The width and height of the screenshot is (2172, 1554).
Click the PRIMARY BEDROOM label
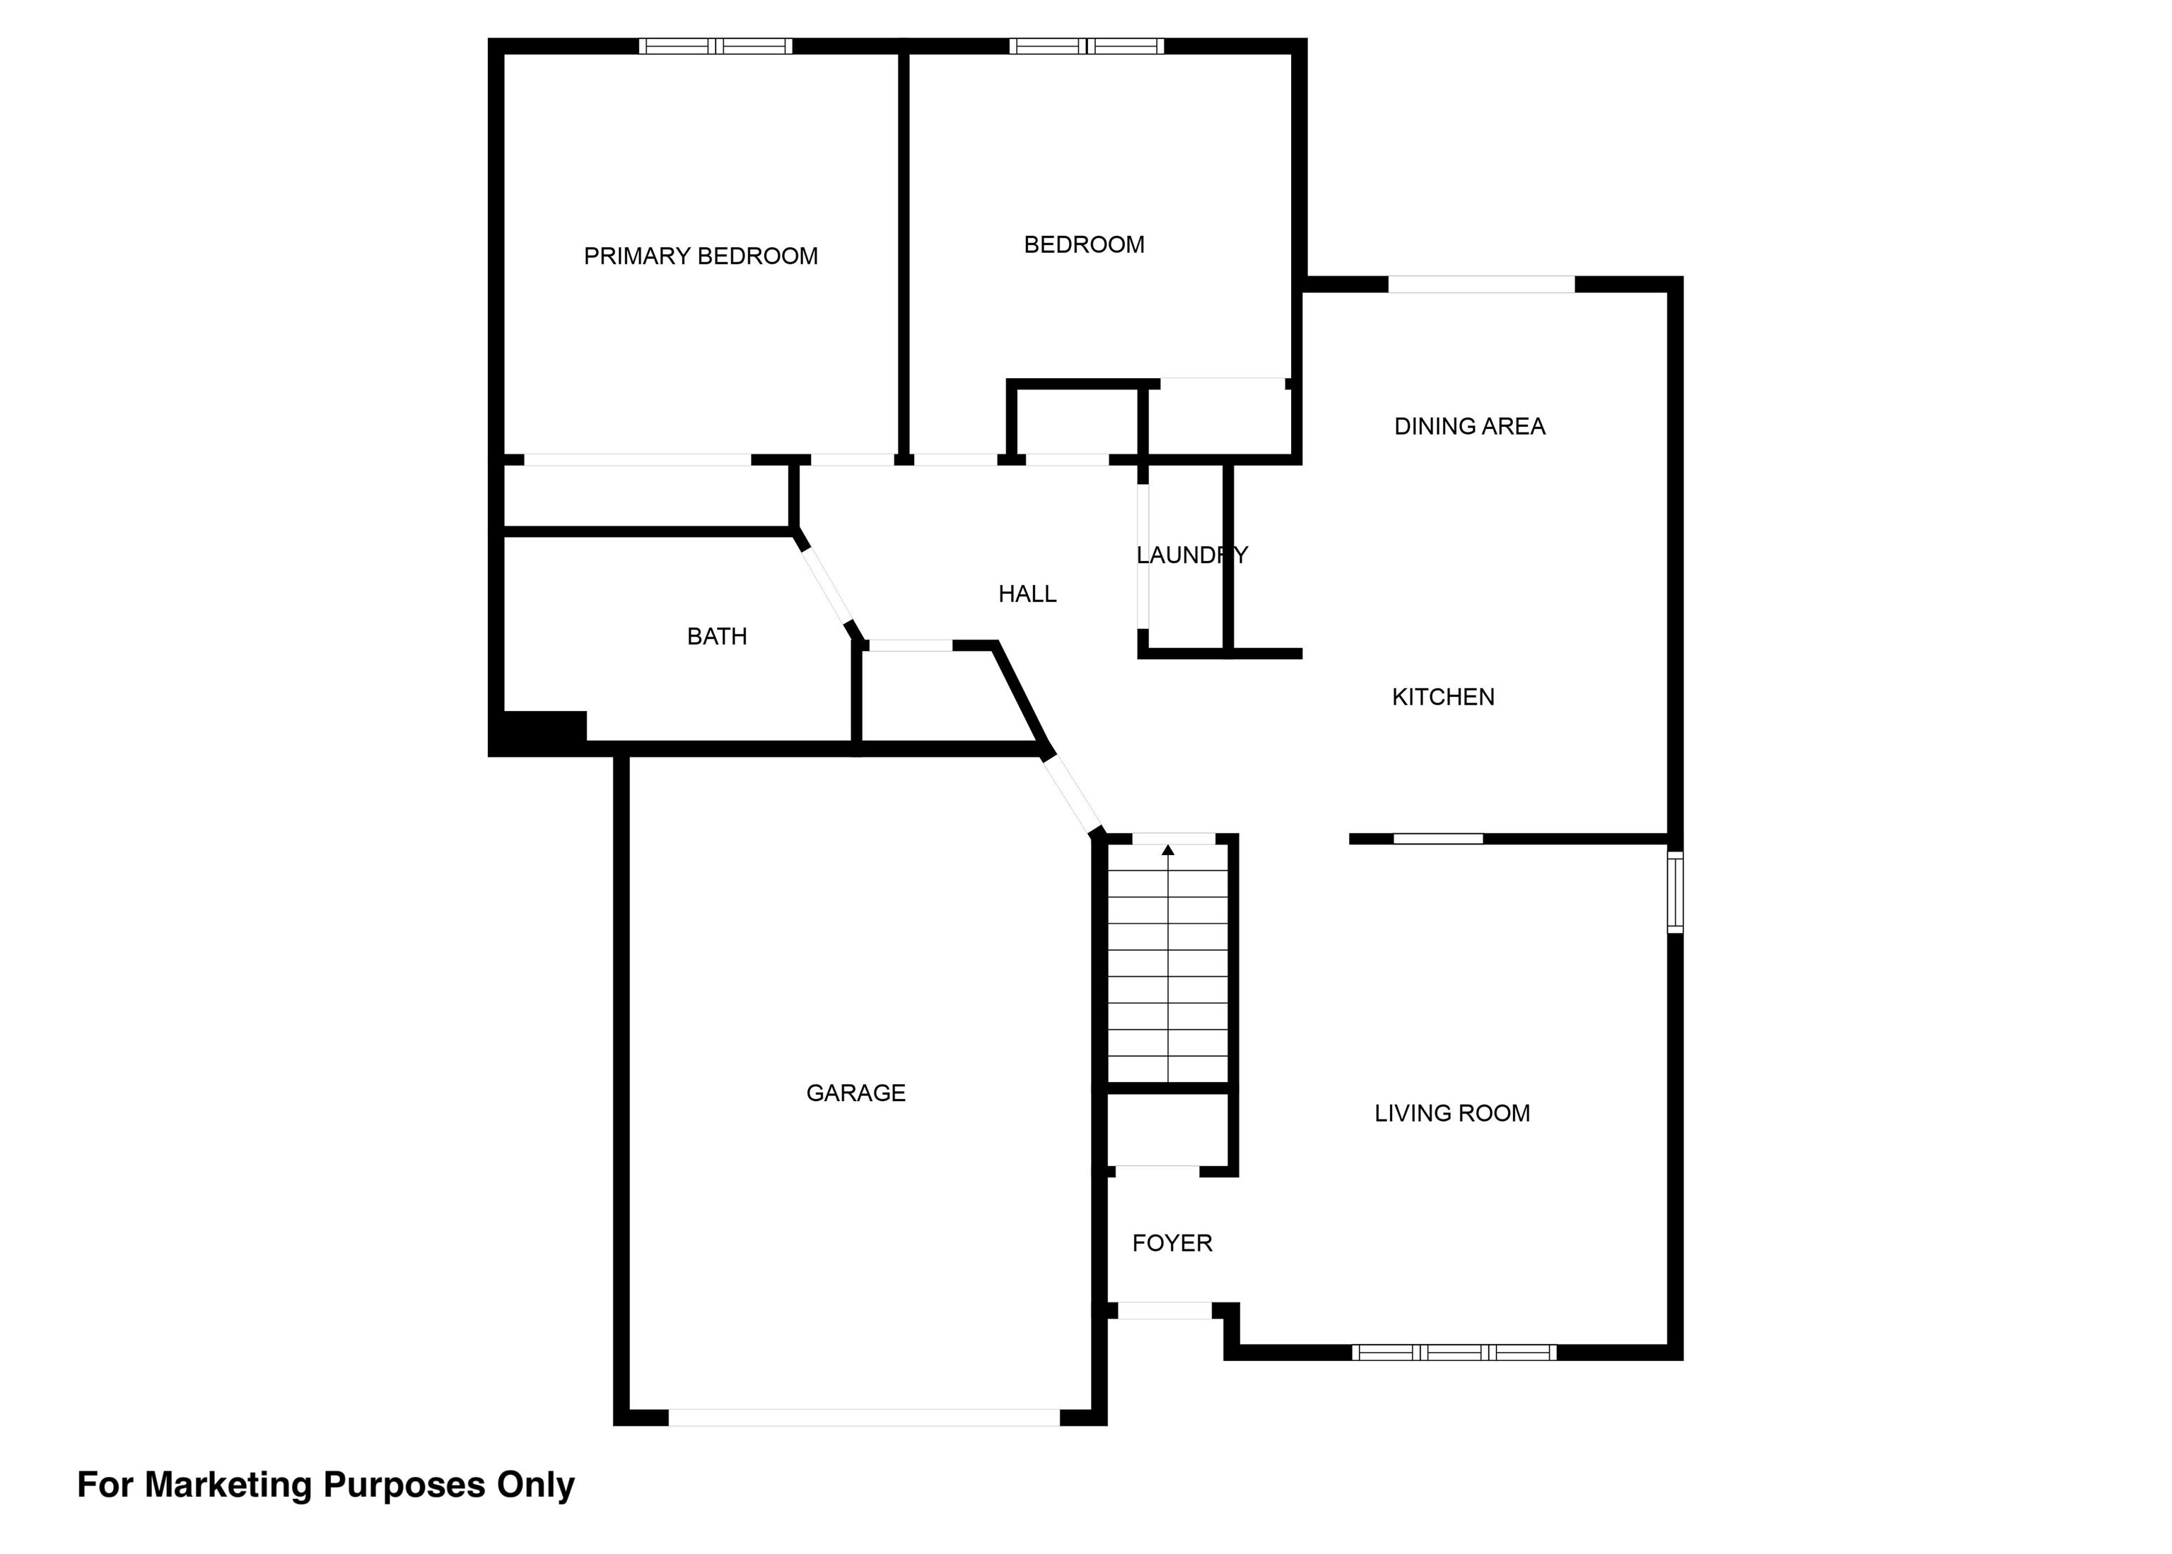(x=701, y=257)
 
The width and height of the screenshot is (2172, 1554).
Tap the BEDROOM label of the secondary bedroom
(x=1084, y=245)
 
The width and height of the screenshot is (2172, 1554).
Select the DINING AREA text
(x=1469, y=427)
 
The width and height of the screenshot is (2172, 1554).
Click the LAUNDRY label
(x=1192, y=555)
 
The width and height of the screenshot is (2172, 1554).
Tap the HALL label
(x=1027, y=594)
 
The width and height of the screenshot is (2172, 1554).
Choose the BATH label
(x=717, y=636)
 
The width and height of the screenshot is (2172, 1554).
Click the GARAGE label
(x=856, y=1093)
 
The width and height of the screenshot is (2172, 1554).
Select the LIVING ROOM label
(x=1452, y=1113)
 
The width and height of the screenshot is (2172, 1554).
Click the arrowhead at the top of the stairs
(x=1168, y=849)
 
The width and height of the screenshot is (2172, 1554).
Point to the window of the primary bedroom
(x=716, y=46)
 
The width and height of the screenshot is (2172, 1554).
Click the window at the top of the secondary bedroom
(x=1087, y=46)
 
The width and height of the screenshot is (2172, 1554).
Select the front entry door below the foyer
(x=1165, y=1311)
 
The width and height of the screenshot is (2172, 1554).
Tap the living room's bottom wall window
(x=1454, y=1352)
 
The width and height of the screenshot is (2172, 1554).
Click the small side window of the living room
(x=1675, y=892)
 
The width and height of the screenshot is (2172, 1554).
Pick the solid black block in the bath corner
(x=537, y=733)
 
